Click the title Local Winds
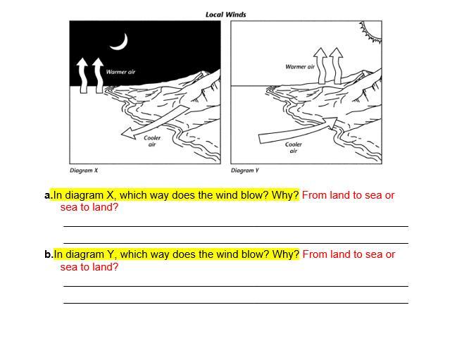225,15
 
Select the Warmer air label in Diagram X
120,72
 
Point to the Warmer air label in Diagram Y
300,67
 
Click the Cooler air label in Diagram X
152,141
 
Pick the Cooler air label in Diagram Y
293,148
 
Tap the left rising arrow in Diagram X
82,75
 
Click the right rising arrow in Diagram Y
337,66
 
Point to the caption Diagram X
84,170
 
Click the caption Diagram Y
245,170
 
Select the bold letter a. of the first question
49,195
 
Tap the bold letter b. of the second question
49,254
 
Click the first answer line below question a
236,226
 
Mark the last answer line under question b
236,303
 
